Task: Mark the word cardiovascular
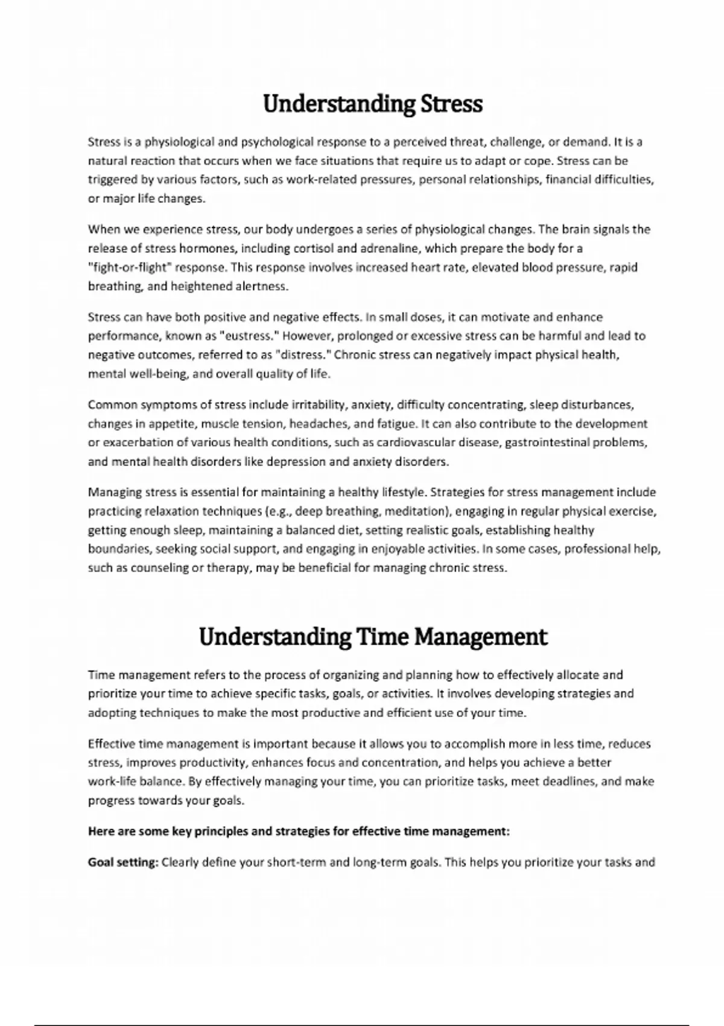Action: [x=416, y=442]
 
